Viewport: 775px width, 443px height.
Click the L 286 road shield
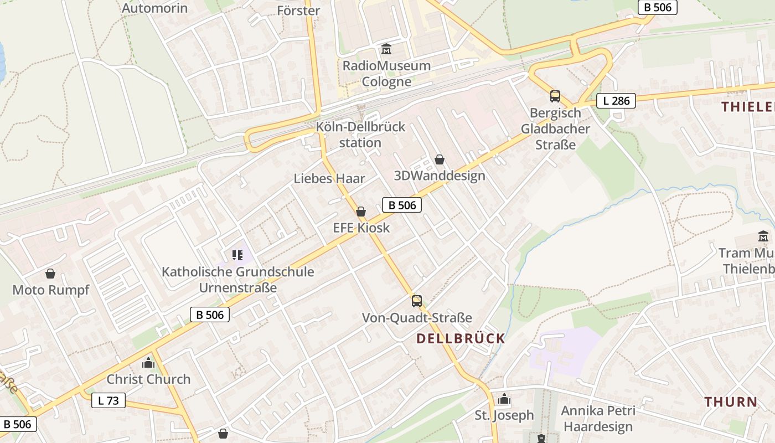tap(616, 101)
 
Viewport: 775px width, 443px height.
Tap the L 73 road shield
tap(108, 400)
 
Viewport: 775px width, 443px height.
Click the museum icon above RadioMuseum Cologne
tap(386, 50)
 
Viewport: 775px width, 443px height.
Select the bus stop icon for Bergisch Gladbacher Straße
tap(555, 96)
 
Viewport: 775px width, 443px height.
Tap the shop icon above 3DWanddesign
tap(440, 159)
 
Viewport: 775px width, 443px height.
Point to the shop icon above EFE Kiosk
tap(361, 212)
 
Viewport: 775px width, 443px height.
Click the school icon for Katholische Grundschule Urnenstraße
tap(237, 255)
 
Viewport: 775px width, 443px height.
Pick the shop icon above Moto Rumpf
tap(50, 274)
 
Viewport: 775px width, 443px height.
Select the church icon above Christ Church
tap(148, 363)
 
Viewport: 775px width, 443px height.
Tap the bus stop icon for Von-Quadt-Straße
tap(416, 301)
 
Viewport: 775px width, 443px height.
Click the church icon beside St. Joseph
tap(504, 399)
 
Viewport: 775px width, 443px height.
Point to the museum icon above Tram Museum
tap(763, 236)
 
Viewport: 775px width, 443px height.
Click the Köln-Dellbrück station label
tap(360, 135)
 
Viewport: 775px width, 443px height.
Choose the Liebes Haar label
tap(329, 178)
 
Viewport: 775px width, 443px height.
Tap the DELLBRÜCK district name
tap(461, 338)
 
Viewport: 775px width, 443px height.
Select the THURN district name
tap(731, 402)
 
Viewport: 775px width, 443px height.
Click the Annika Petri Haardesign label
tap(598, 419)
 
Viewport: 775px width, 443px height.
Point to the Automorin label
tap(154, 8)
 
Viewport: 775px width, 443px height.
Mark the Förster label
tap(298, 11)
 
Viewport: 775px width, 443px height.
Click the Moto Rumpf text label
tap(50, 290)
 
